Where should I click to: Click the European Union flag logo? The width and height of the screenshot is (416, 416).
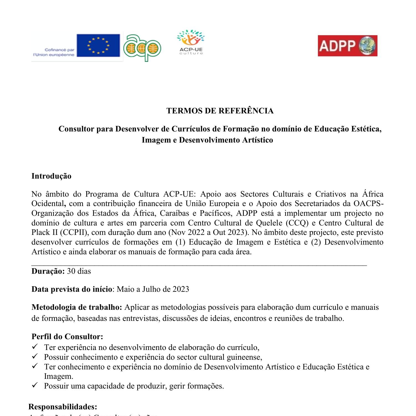(x=98, y=45)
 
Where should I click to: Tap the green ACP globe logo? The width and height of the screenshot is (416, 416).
(x=142, y=48)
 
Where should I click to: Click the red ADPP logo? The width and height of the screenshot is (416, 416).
(x=347, y=46)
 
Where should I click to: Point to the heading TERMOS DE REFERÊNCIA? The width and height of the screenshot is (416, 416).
(x=220, y=111)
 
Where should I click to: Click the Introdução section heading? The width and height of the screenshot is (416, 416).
(x=51, y=176)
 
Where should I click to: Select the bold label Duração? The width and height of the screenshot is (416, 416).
(x=48, y=271)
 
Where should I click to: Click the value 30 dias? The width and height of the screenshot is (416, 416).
(x=79, y=271)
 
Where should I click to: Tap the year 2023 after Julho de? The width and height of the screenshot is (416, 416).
(x=181, y=289)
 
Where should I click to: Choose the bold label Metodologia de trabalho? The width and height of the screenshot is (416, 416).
(x=77, y=307)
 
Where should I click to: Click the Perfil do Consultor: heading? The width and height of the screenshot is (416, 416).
(x=67, y=337)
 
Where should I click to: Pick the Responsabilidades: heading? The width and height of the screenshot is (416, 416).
(x=63, y=407)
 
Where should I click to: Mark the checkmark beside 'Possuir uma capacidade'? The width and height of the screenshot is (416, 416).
(x=35, y=385)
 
